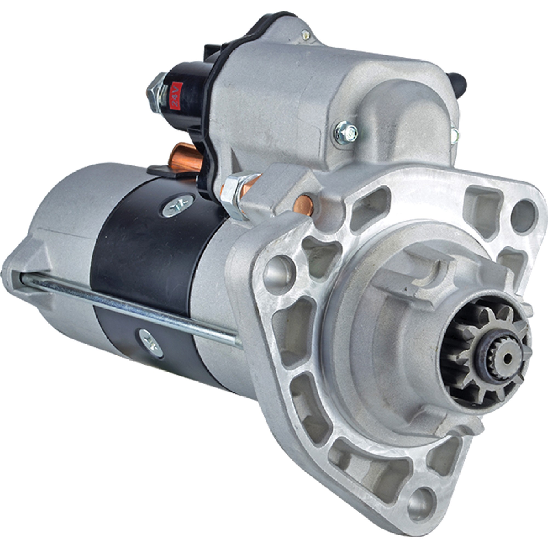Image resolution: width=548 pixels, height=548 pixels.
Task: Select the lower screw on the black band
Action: [x=151, y=343]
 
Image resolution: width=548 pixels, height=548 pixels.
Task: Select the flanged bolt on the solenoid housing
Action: [x=346, y=132]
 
